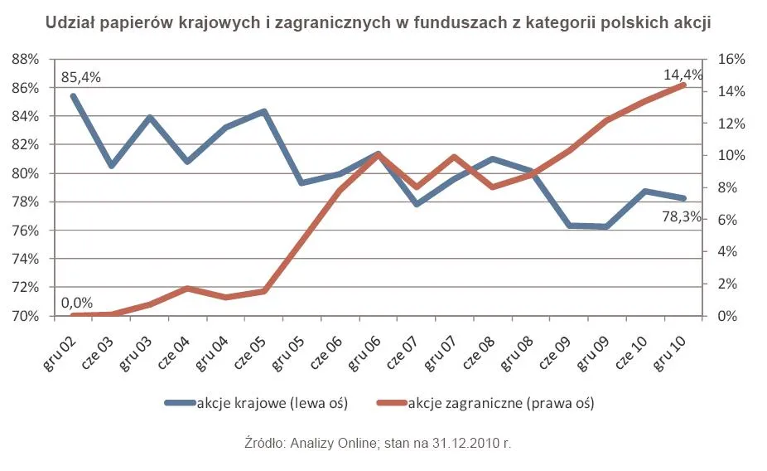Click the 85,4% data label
click(80, 77)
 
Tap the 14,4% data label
click(683, 75)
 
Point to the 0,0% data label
click(77, 303)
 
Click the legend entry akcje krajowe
click(272, 404)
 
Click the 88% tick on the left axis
click(27, 60)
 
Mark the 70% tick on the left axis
click(27, 316)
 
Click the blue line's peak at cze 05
click(264, 111)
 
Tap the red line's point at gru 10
click(683, 85)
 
